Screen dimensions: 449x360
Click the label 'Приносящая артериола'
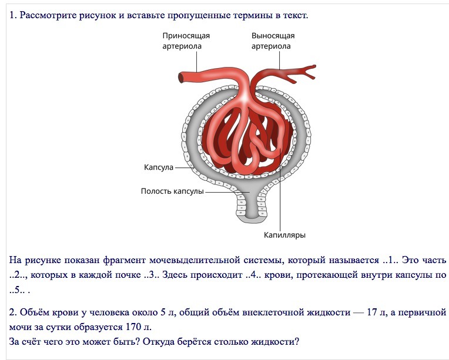point(186,41)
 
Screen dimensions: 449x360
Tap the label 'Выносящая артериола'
point(273,41)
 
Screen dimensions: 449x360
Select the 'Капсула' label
point(159,167)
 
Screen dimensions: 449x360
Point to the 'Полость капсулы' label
point(172,191)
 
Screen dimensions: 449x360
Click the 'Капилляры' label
point(284,235)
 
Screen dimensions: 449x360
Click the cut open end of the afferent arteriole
point(181,78)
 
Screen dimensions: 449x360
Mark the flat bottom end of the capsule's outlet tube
point(252,220)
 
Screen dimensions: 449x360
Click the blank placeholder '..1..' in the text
point(390,260)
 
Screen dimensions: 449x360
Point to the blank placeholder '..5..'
point(17,290)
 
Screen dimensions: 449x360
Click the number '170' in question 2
point(133,327)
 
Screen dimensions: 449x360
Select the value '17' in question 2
point(371,312)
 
